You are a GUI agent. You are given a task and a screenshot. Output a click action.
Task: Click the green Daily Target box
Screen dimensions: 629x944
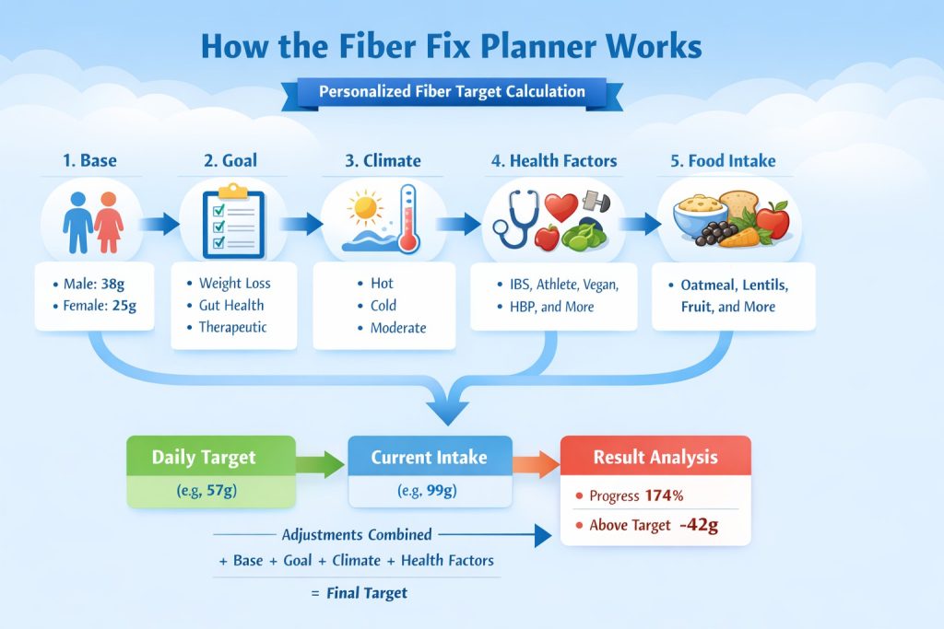[x=210, y=472]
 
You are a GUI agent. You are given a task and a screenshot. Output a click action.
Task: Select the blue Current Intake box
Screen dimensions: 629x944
[x=430, y=472]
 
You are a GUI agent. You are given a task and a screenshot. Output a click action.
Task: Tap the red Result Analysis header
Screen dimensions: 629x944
[x=655, y=457]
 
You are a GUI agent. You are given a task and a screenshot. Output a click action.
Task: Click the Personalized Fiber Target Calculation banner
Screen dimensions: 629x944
[x=452, y=92]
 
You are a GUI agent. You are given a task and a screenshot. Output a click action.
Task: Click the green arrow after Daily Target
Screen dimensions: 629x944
[x=320, y=463]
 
